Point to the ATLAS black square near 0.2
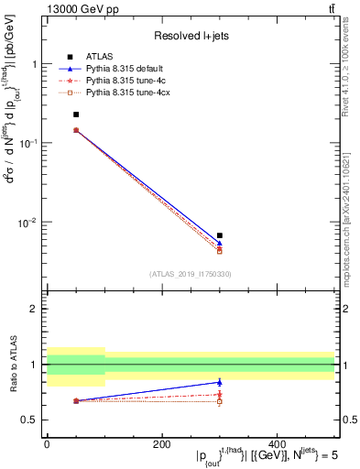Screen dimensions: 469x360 pyautogui.click(x=75, y=115)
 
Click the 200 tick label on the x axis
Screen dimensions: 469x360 pyautogui.click(x=161, y=444)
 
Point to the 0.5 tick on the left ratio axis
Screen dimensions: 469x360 pyautogui.click(x=31, y=420)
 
